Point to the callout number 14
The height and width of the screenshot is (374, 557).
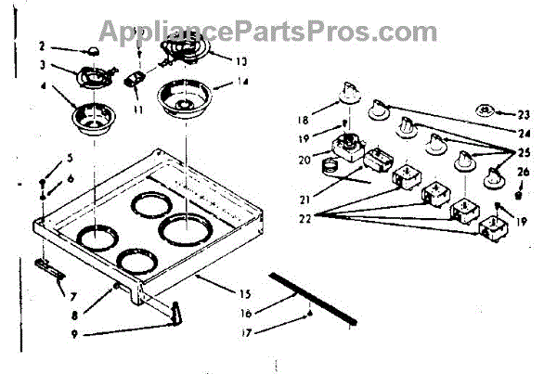243,84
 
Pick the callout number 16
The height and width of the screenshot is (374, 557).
244,314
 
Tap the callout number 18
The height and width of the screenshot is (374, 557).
303,119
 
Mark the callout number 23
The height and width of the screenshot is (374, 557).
524,115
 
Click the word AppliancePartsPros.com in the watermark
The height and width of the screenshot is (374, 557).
269,32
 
